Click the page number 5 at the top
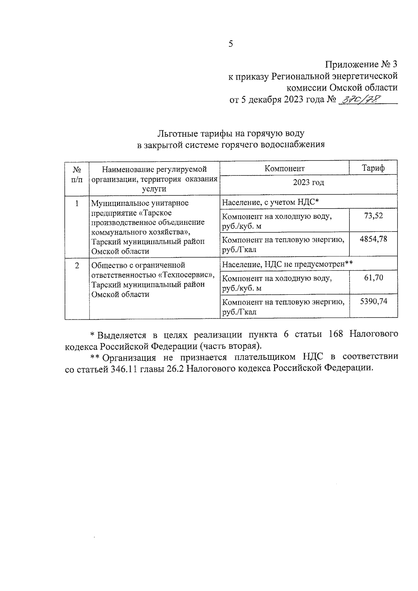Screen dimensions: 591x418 click(x=230, y=44)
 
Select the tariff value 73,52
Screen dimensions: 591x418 click(x=373, y=216)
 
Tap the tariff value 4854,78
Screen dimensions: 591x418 click(x=373, y=239)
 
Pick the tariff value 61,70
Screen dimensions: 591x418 click(x=373, y=278)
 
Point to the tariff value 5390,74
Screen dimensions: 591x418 click(x=373, y=301)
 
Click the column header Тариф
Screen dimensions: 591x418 click(x=373, y=168)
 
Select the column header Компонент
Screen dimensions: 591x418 click(x=284, y=169)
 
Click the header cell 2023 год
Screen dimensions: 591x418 click(x=308, y=182)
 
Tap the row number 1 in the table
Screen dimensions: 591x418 click(x=77, y=203)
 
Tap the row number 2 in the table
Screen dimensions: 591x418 click(x=77, y=265)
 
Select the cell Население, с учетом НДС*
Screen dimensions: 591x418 click(x=271, y=202)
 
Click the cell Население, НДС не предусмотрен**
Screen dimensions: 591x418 click(x=287, y=264)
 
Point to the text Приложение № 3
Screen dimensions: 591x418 click(x=361, y=64)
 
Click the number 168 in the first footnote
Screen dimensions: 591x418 click(x=336, y=334)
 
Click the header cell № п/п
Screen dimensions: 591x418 click(x=77, y=174)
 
